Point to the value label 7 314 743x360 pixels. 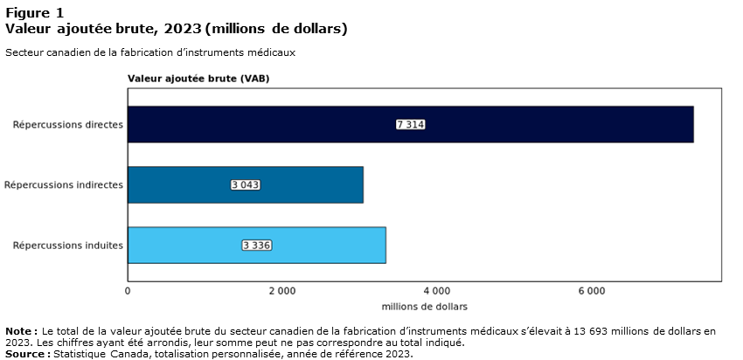tap(410, 124)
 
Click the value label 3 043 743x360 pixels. tap(246, 184)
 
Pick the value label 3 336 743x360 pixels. tap(257, 245)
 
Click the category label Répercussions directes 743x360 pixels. tap(68, 124)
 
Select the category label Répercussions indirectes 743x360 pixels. tap(64, 184)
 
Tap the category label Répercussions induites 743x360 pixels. tap(68, 245)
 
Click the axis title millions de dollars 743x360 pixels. tap(425, 307)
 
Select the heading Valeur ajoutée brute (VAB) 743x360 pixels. tap(198, 78)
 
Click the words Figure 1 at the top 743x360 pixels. tap(34, 12)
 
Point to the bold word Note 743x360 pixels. tap(19, 331)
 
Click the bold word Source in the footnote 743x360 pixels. tap(26, 354)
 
